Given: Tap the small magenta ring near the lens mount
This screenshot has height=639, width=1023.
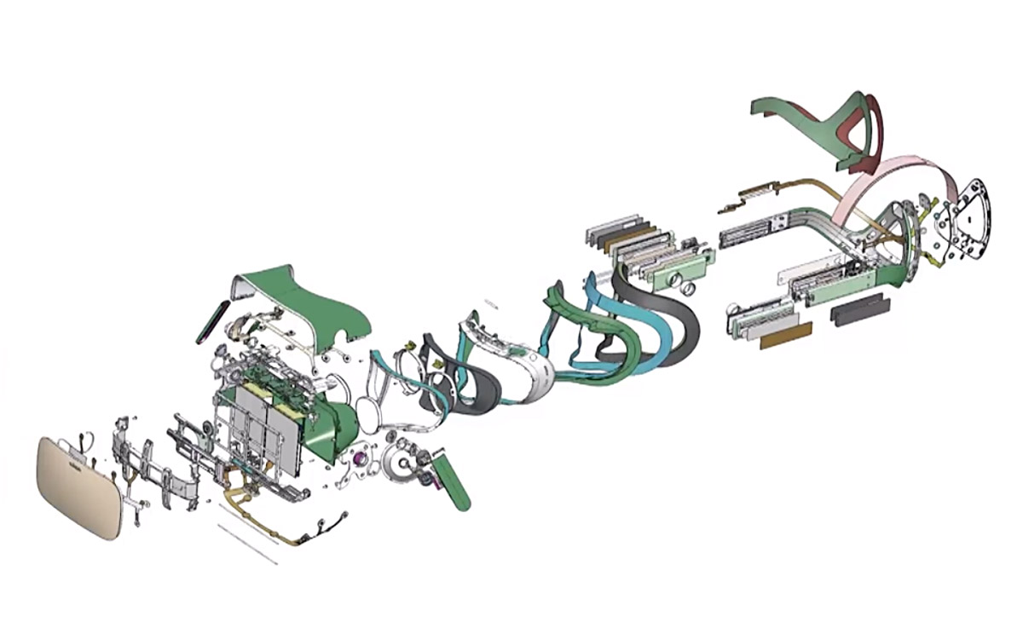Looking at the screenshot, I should click(x=360, y=460).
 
